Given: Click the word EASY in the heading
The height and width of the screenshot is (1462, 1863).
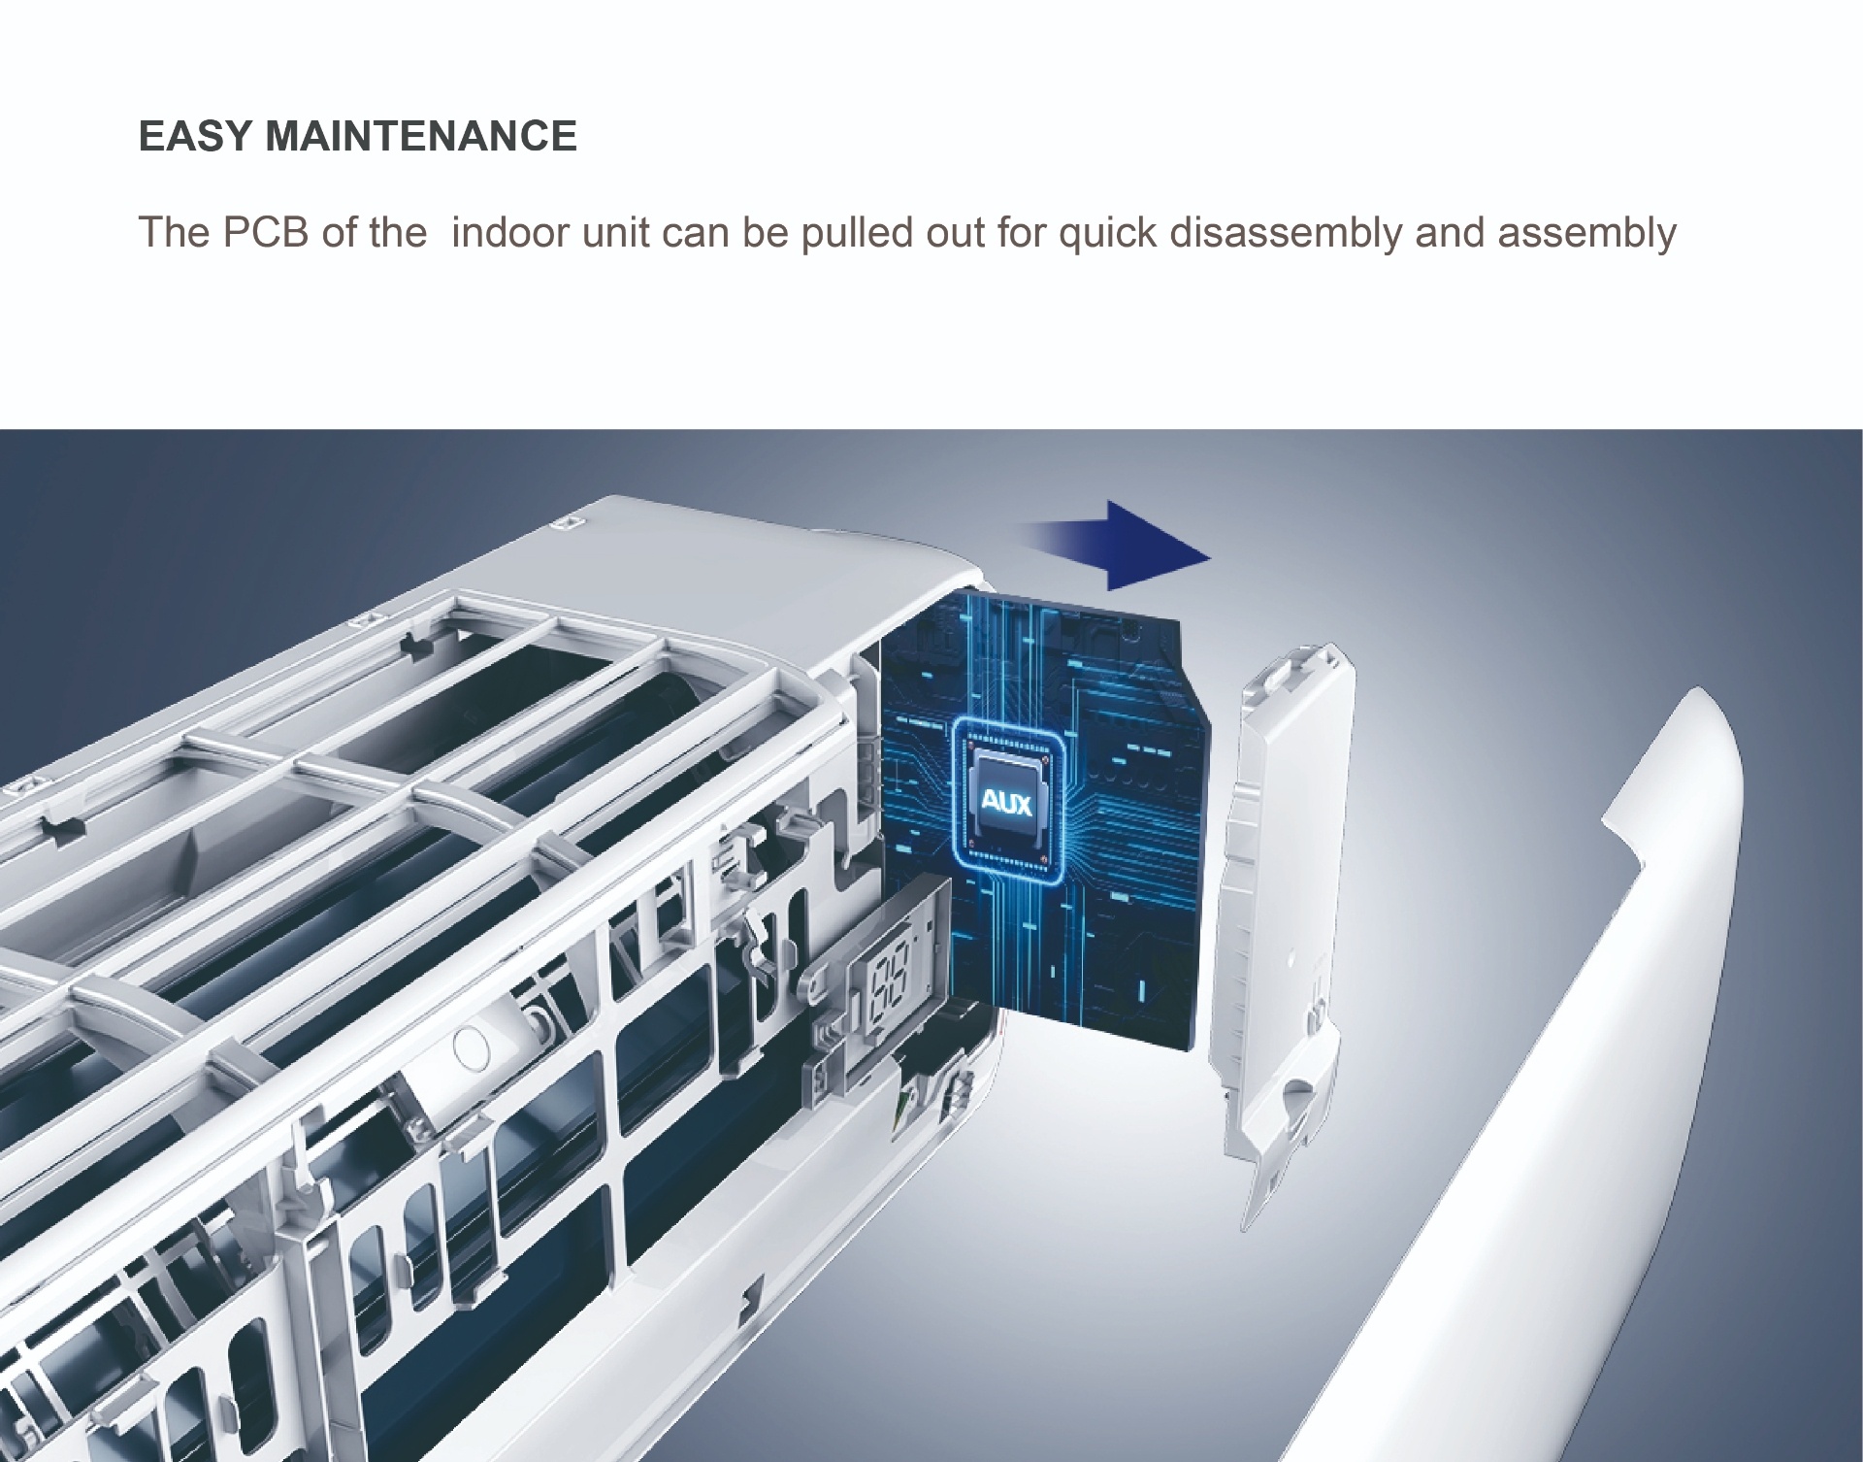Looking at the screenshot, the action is click(195, 136).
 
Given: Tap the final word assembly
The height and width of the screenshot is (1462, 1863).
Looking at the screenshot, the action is click(1586, 234).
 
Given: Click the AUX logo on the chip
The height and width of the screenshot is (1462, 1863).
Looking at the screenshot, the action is click(1007, 803).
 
